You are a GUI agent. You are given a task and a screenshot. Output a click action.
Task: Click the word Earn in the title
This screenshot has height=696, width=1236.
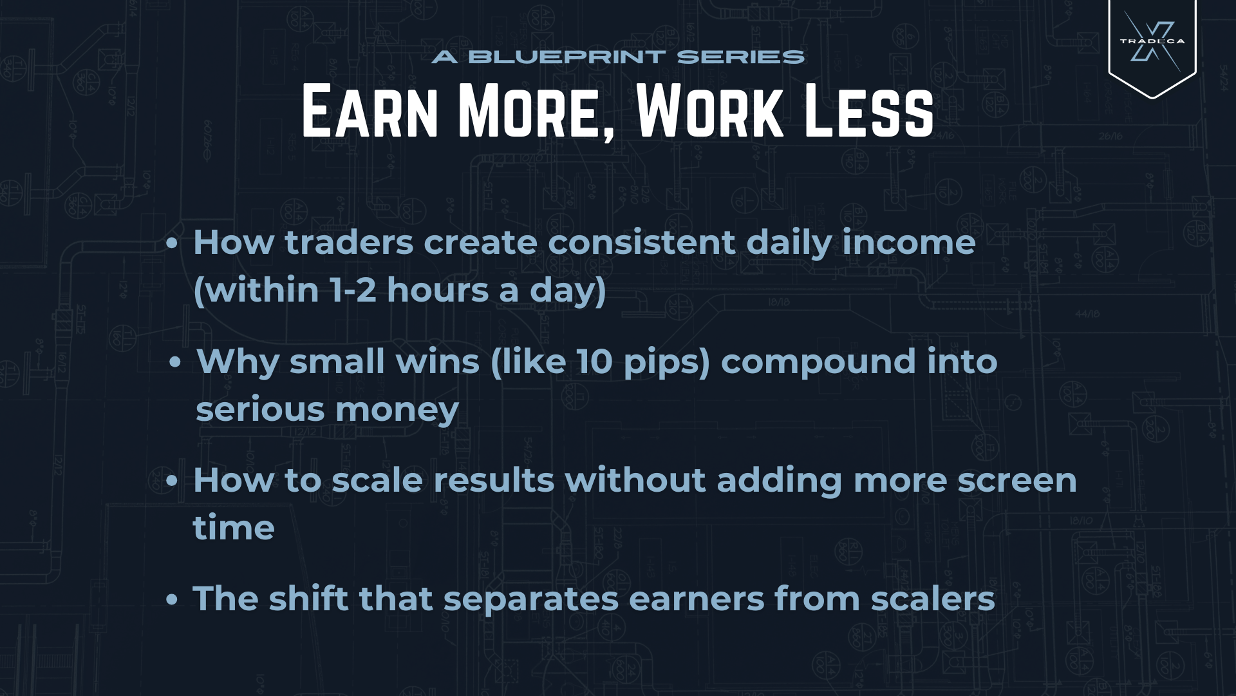click(370, 111)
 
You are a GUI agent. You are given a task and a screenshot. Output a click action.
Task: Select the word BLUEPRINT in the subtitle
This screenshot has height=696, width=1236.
click(567, 57)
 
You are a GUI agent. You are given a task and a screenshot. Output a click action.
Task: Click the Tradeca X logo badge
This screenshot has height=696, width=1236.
click(1152, 45)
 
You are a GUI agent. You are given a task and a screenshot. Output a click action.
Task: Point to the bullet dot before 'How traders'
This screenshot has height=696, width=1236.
click(171, 244)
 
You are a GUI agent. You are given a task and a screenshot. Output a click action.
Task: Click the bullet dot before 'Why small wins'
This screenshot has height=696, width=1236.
click(174, 362)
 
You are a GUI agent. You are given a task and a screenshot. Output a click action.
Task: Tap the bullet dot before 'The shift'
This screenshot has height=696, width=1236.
click(171, 600)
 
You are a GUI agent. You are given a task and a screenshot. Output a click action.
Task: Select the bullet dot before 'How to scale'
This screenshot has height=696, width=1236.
click(171, 481)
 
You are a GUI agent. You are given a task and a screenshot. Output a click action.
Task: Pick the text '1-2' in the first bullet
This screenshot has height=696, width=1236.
click(353, 290)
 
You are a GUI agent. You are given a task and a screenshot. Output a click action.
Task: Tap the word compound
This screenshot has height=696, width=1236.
click(818, 362)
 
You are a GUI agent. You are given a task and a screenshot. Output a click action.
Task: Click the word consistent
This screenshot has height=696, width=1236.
click(641, 242)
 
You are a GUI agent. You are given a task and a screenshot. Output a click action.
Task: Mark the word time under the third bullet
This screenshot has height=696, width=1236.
click(234, 528)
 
